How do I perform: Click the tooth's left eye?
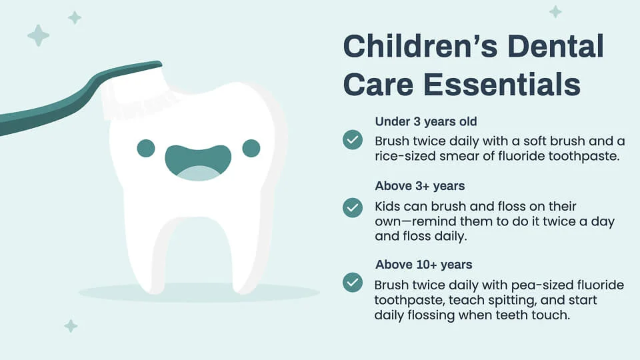coord(146,148)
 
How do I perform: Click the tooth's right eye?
coord(251,148)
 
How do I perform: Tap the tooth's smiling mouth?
coord(198,163)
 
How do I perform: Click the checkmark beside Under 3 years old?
coord(352,140)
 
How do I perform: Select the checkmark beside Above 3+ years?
coord(352,207)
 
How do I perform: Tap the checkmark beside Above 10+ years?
coord(352,282)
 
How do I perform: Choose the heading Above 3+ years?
coord(420,185)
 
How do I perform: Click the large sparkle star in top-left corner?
coord(38,35)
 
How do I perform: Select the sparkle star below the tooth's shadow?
coord(71,326)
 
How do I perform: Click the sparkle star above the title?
coord(555,11)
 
